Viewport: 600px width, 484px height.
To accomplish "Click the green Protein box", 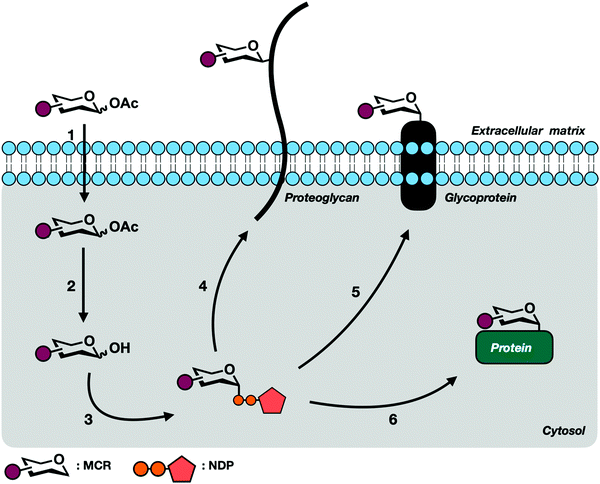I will point(517,350).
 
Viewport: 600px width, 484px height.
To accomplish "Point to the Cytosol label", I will point(563,431).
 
